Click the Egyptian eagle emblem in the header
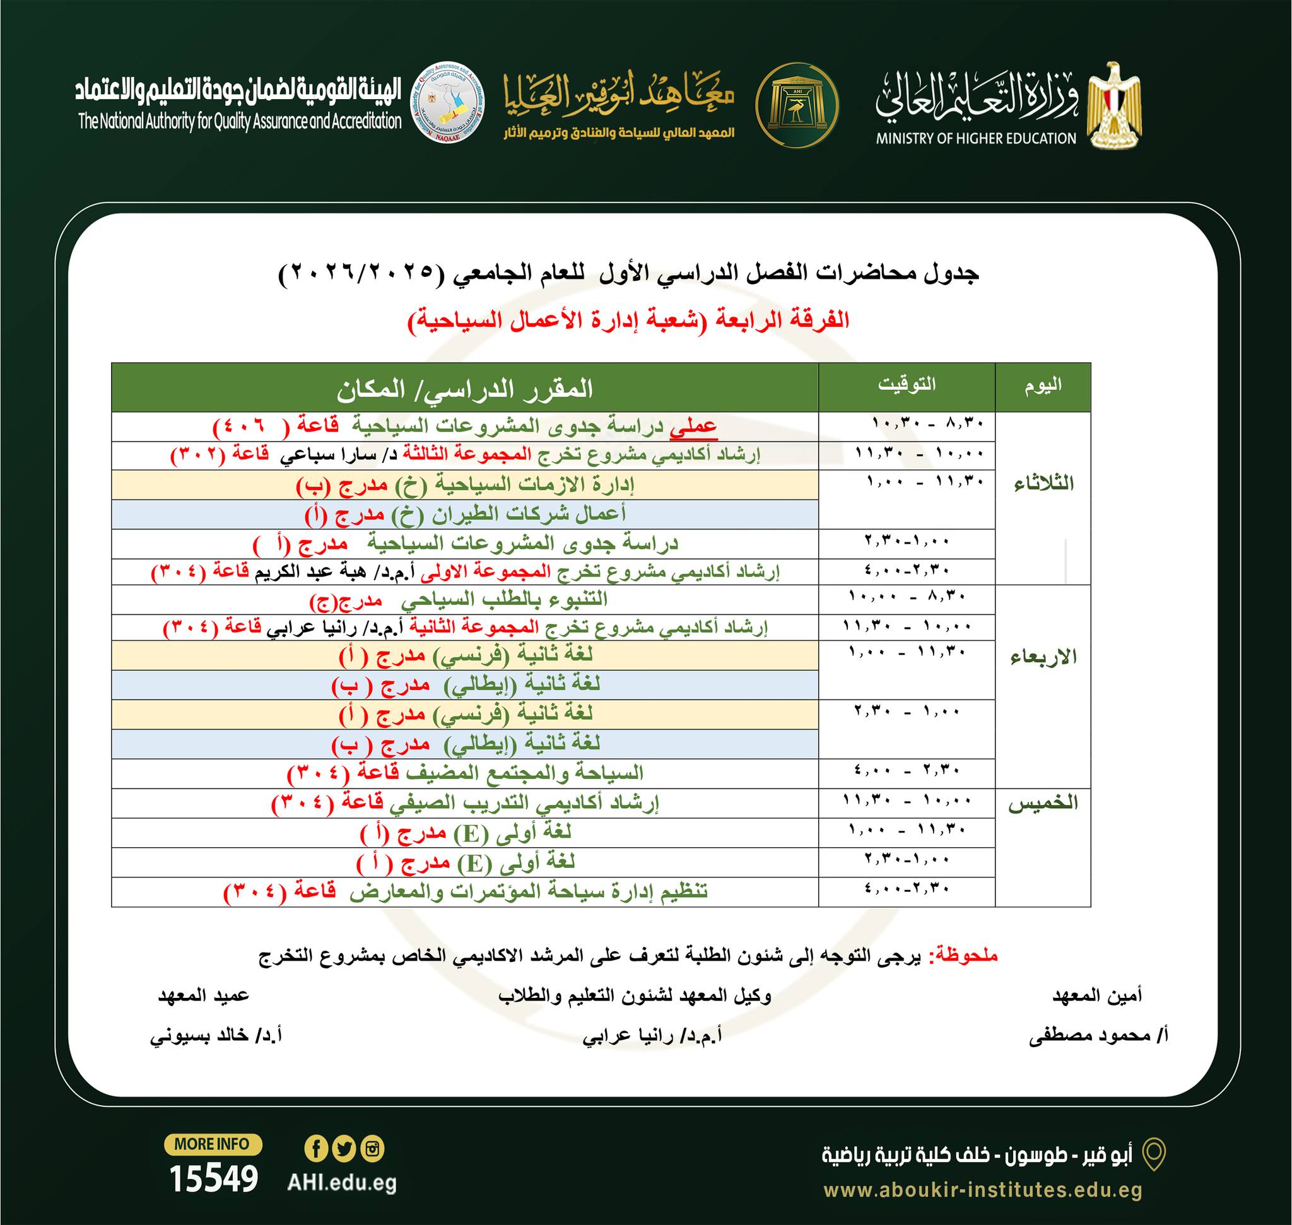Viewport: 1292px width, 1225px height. tap(1114, 105)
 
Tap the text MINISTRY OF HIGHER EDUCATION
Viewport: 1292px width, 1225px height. tap(976, 138)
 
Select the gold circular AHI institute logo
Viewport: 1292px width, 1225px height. tap(797, 105)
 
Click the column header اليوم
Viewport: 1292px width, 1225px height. tap(1042, 386)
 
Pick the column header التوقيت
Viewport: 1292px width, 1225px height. tap(907, 385)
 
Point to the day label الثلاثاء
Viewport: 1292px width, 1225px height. tap(1043, 484)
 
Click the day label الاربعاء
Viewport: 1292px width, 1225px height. tap(1043, 657)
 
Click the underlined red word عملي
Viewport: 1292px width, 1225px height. tap(693, 426)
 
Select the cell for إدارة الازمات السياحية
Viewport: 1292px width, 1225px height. tap(465, 485)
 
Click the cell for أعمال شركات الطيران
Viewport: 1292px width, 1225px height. tap(465, 515)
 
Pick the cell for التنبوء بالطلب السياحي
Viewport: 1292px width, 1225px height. tap(465, 599)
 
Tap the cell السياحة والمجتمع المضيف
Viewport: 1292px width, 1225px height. tap(465, 773)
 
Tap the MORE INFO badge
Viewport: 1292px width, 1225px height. tap(213, 1144)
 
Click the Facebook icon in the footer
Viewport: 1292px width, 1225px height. tap(316, 1149)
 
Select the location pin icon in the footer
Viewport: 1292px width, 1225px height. tap(1153, 1155)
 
